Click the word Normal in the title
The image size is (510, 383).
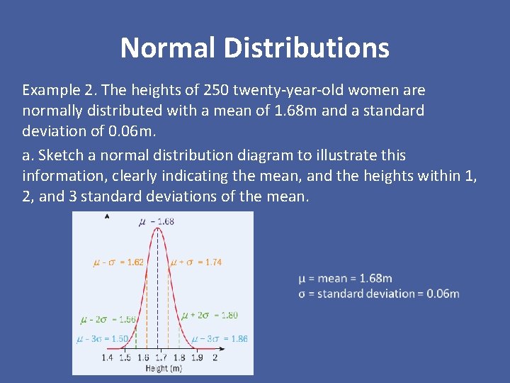pyautogui.click(x=167, y=48)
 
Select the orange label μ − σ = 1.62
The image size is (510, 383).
pyautogui.click(x=118, y=262)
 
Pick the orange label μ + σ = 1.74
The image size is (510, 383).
pyautogui.click(x=196, y=262)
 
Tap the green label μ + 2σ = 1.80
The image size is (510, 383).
pyautogui.click(x=210, y=315)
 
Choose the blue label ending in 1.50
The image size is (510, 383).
pyautogui.click(x=103, y=339)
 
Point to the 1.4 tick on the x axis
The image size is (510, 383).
pyautogui.click(x=107, y=358)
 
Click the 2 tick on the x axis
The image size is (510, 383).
pyautogui.click(x=215, y=358)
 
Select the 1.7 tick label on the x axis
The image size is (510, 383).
pyautogui.click(x=161, y=358)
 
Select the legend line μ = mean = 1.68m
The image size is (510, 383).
pyautogui.click(x=345, y=278)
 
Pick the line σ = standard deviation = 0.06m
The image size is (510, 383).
pyautogui.click(x=379, y=294)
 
